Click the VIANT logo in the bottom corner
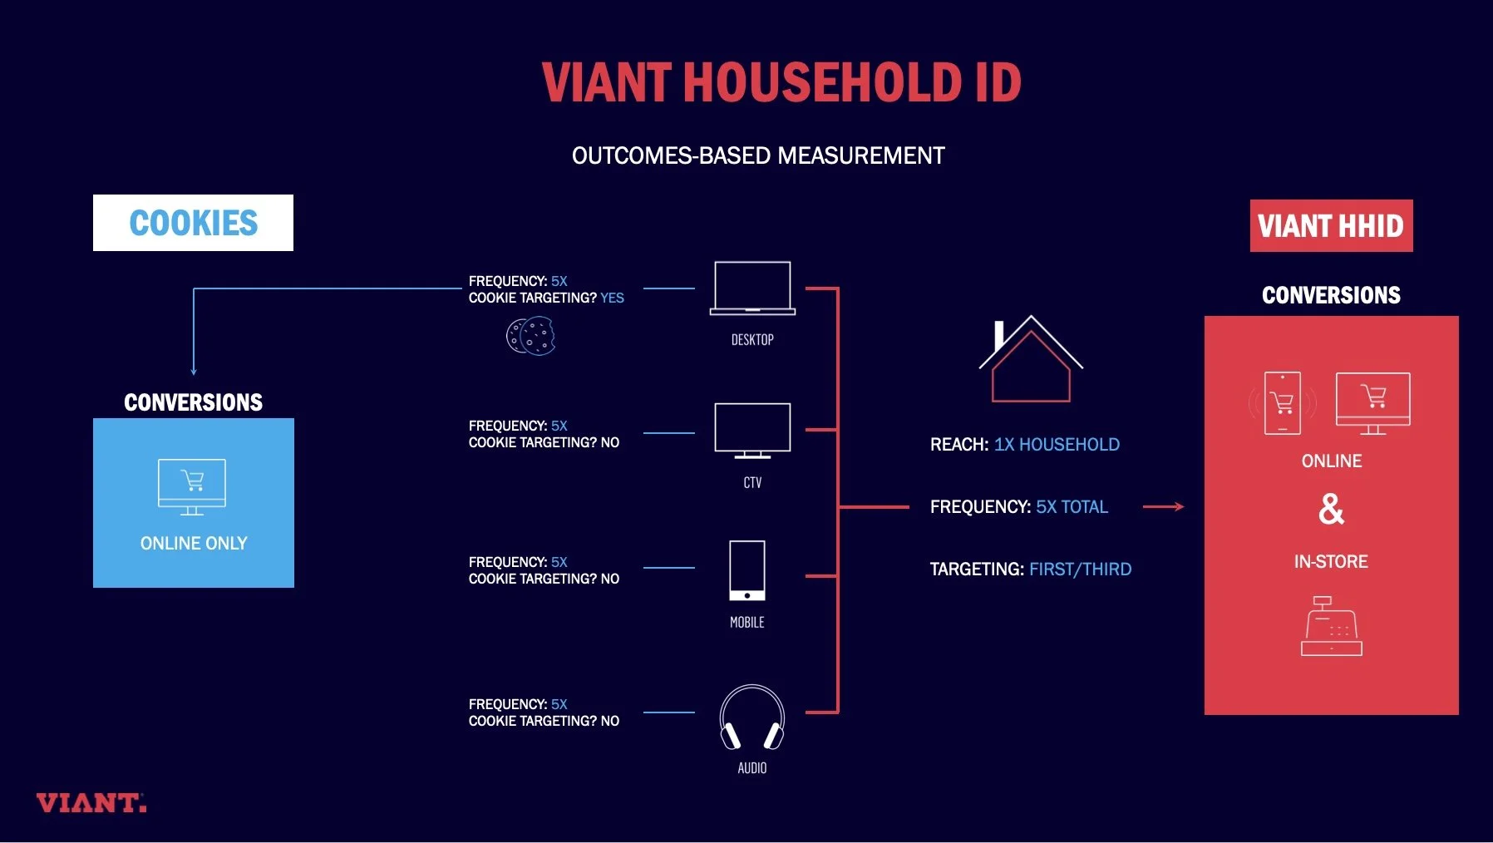point(91,803)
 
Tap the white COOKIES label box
point(193,223)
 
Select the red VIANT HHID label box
point(1331,225)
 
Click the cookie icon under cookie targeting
point(531,337)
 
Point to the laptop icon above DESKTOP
point(752,288)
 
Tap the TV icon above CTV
point(752,431)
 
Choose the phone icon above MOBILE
point(747,570)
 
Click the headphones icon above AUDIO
point(752,717)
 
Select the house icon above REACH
point(1031,359)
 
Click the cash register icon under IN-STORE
point(1331,627)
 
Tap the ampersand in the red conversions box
point(1331,509)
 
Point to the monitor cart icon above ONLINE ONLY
point(192,486)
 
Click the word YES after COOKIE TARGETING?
point(612,298)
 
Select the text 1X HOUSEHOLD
point(1057,445)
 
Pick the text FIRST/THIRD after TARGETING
point(1080,569)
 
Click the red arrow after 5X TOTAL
point(1163,506)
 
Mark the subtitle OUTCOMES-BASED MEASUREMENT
point(758,155)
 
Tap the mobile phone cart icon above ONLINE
point(1282,403)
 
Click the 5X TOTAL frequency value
point(1072,507)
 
